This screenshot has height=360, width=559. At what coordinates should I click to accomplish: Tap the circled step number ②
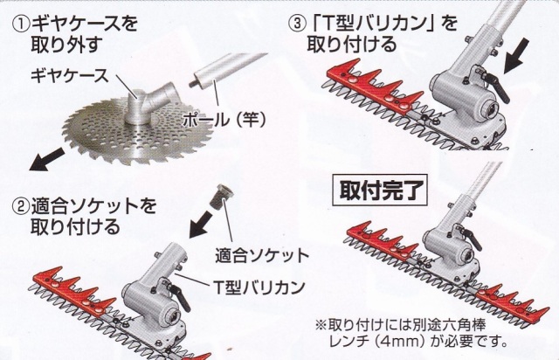tap(21, 207)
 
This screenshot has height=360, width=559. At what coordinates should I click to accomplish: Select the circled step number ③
tap(297, 24)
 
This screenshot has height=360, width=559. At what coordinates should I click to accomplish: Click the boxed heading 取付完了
tap(379, 190)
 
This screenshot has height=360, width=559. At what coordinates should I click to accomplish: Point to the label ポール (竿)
tap(224, 120)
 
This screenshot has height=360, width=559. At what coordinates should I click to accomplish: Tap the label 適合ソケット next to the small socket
tap(262, 255)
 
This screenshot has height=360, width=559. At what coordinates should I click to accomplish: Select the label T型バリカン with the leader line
tap(259, 287)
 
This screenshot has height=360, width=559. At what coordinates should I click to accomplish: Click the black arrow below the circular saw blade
tap(47, 159)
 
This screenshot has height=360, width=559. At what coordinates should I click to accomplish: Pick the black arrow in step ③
tap(516, 55)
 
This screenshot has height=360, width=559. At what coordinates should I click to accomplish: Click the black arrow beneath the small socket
tap(202, 224)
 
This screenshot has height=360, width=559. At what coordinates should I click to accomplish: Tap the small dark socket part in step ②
tap(221, 197)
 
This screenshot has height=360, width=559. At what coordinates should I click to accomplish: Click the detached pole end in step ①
tap(227, 73)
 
